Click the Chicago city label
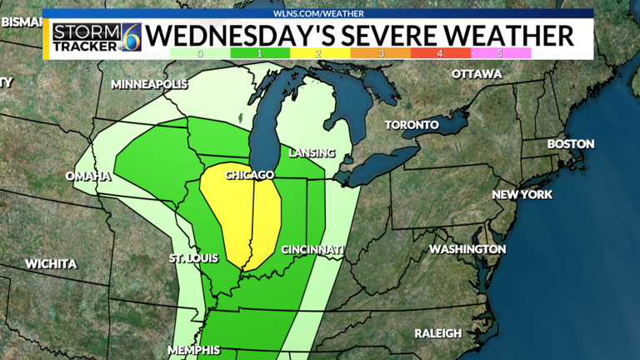(249, 175)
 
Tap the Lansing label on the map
(311, 153)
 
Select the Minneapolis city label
(150, 85)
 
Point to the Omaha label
(88, 176)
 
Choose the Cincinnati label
(312, 250)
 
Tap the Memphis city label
(193, 350)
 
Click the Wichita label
(51, 264)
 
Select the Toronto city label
(412, 125)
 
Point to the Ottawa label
(477, 74)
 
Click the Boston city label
(571, 144)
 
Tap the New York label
(522, 195)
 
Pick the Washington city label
(467, 249)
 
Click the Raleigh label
(438, 333)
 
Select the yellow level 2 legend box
(319, 53)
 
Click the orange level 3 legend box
(380, 53)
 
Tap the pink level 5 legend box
(501, 53)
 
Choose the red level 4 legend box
(440, 53)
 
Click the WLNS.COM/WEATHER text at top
(319, 13)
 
